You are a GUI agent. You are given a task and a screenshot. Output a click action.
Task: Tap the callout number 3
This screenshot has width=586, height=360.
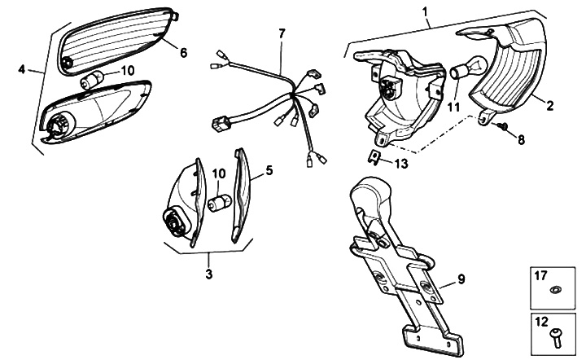208,274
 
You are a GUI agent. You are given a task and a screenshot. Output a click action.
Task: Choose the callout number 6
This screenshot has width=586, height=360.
183,52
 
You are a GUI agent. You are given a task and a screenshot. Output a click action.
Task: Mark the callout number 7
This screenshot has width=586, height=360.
282,33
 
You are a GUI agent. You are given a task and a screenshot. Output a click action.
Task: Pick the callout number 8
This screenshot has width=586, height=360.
521,139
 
